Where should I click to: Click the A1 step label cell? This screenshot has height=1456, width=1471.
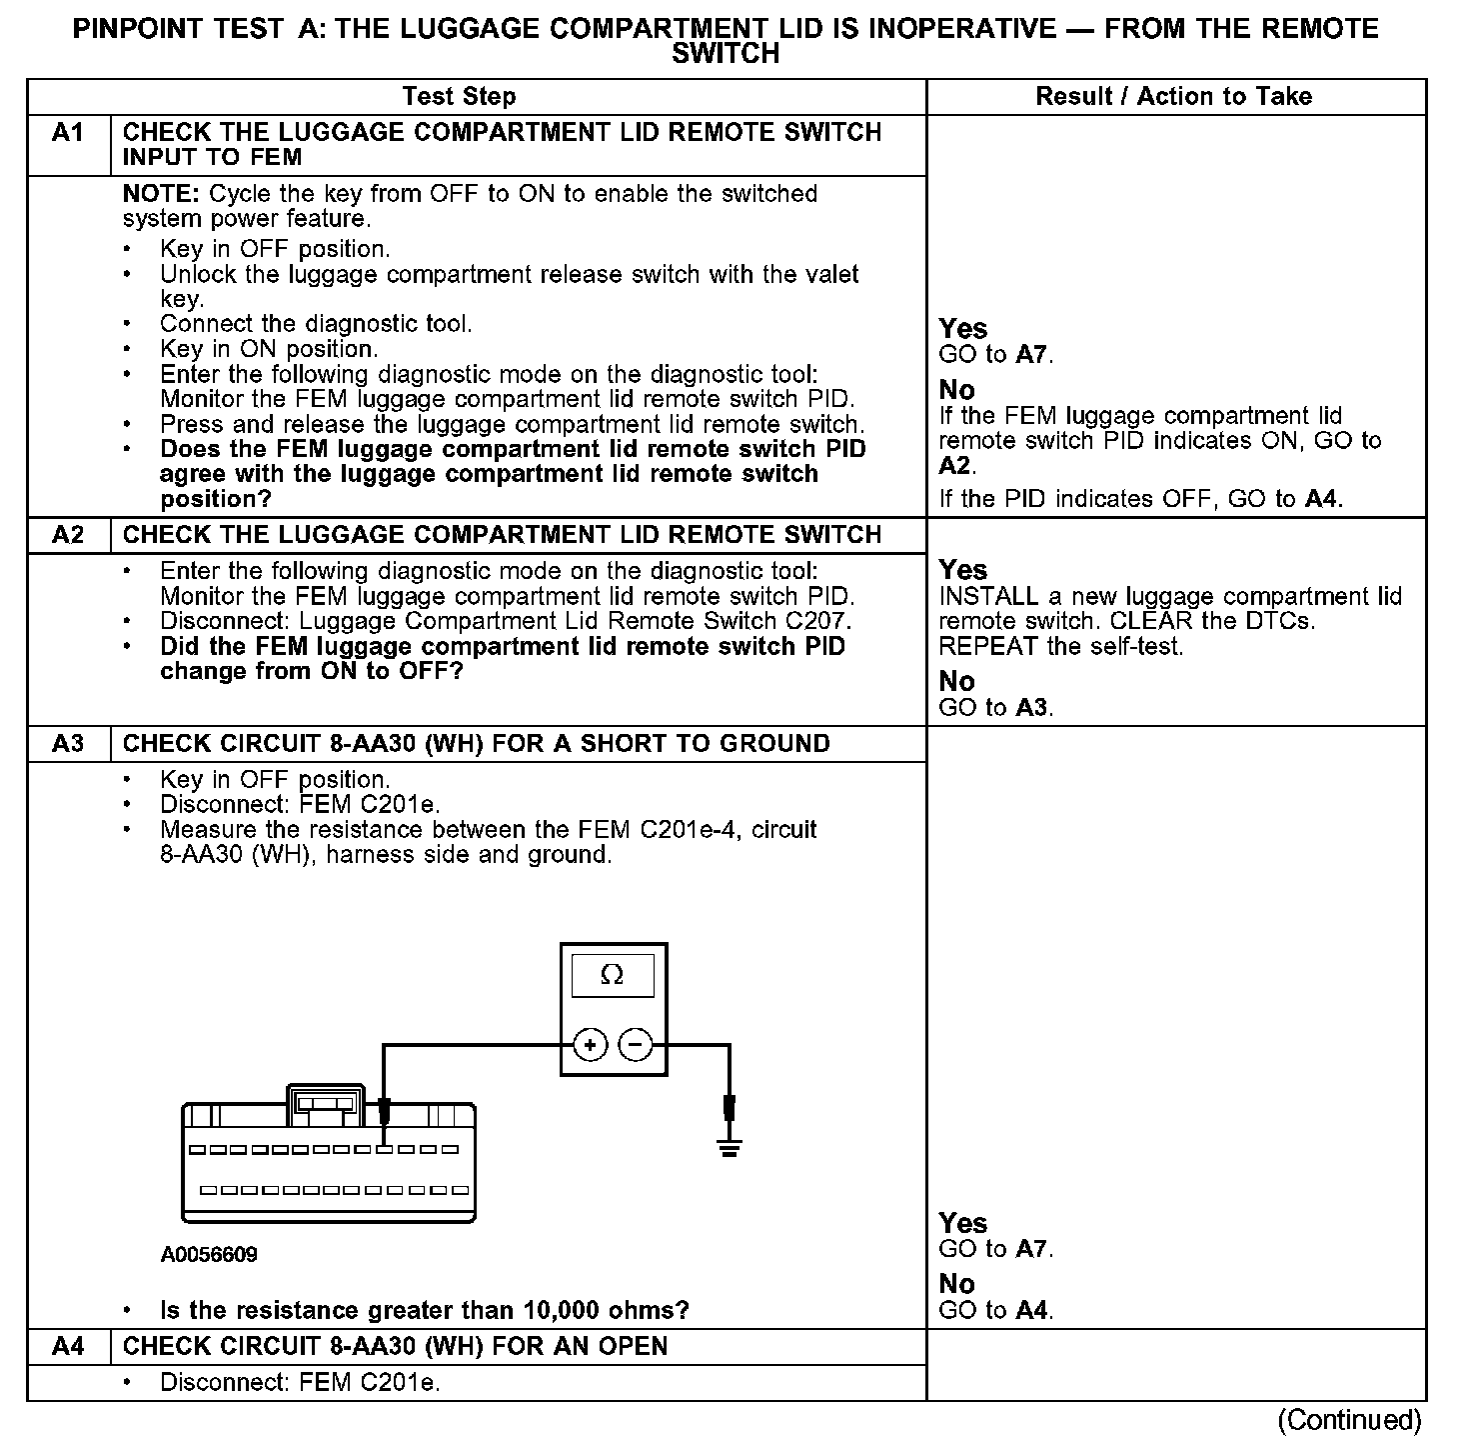(x=67, y=133)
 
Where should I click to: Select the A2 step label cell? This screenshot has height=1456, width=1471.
(x=67, y=535)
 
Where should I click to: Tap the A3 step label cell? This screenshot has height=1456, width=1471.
(x=67, y=744)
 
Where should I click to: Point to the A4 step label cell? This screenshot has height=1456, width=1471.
(x=67, y=1346)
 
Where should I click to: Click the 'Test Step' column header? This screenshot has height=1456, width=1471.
(x=459, y=97)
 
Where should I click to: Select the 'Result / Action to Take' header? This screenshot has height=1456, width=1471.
(x=1174, y=97)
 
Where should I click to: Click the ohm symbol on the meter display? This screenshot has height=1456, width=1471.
(x=612, y=975)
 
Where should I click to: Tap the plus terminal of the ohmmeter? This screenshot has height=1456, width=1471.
(x=591, y=1046)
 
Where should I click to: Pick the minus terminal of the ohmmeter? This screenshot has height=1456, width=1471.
(x=636, y=1046)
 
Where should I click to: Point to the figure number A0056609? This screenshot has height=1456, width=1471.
(x=209, y=1254)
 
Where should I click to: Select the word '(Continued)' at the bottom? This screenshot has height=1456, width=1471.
(x=1349, y=1420)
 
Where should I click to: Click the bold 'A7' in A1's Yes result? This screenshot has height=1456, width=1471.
(x=1032, y=355)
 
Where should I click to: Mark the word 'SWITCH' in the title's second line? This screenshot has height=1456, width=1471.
(x=726, y=54)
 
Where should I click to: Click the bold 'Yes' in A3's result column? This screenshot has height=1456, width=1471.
(x=963, y=1223)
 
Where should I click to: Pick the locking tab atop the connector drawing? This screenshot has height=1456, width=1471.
(x=327, y=1100)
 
